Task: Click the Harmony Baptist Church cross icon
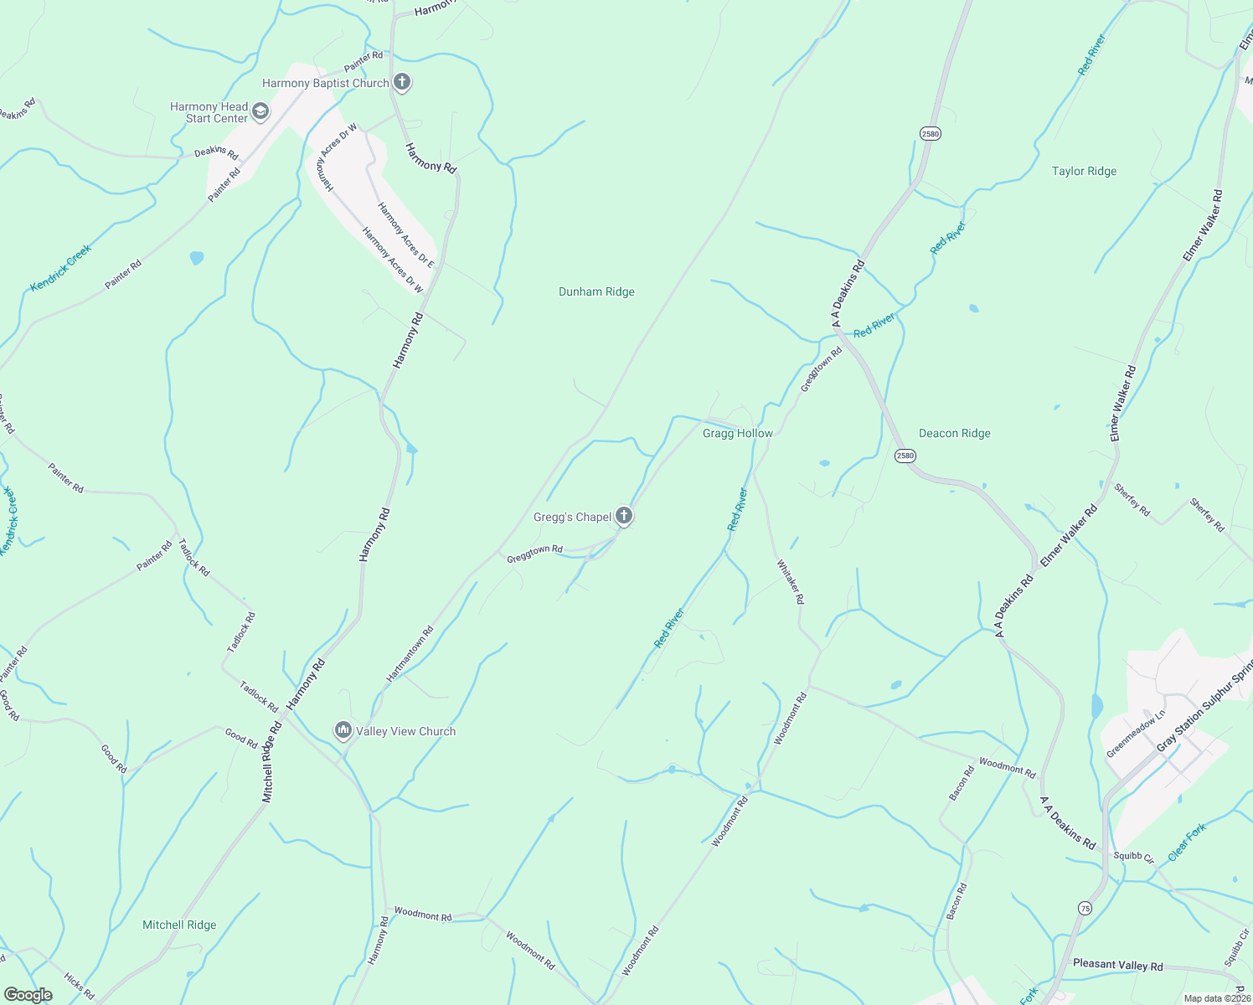pos(402,82)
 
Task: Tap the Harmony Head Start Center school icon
pos(260,111)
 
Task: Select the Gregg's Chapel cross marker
pos(624,516)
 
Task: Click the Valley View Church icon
pos(343,730)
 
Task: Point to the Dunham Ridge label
pos(596,291)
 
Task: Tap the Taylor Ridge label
pos(1084,171)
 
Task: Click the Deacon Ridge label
pos(954,433)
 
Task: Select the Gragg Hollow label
pos(737,433)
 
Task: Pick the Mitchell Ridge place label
pos(179,925)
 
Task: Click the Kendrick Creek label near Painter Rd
pos(60,268)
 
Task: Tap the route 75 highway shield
pos(1085,908)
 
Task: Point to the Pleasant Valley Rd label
pos(1117,965)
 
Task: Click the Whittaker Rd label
pos(790,581)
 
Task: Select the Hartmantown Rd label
pos(410,653)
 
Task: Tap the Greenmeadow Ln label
pos(1136,734)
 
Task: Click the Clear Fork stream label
pos(1187,842)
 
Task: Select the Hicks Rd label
pos(79,987)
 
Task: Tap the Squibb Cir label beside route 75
pos(1134,858)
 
